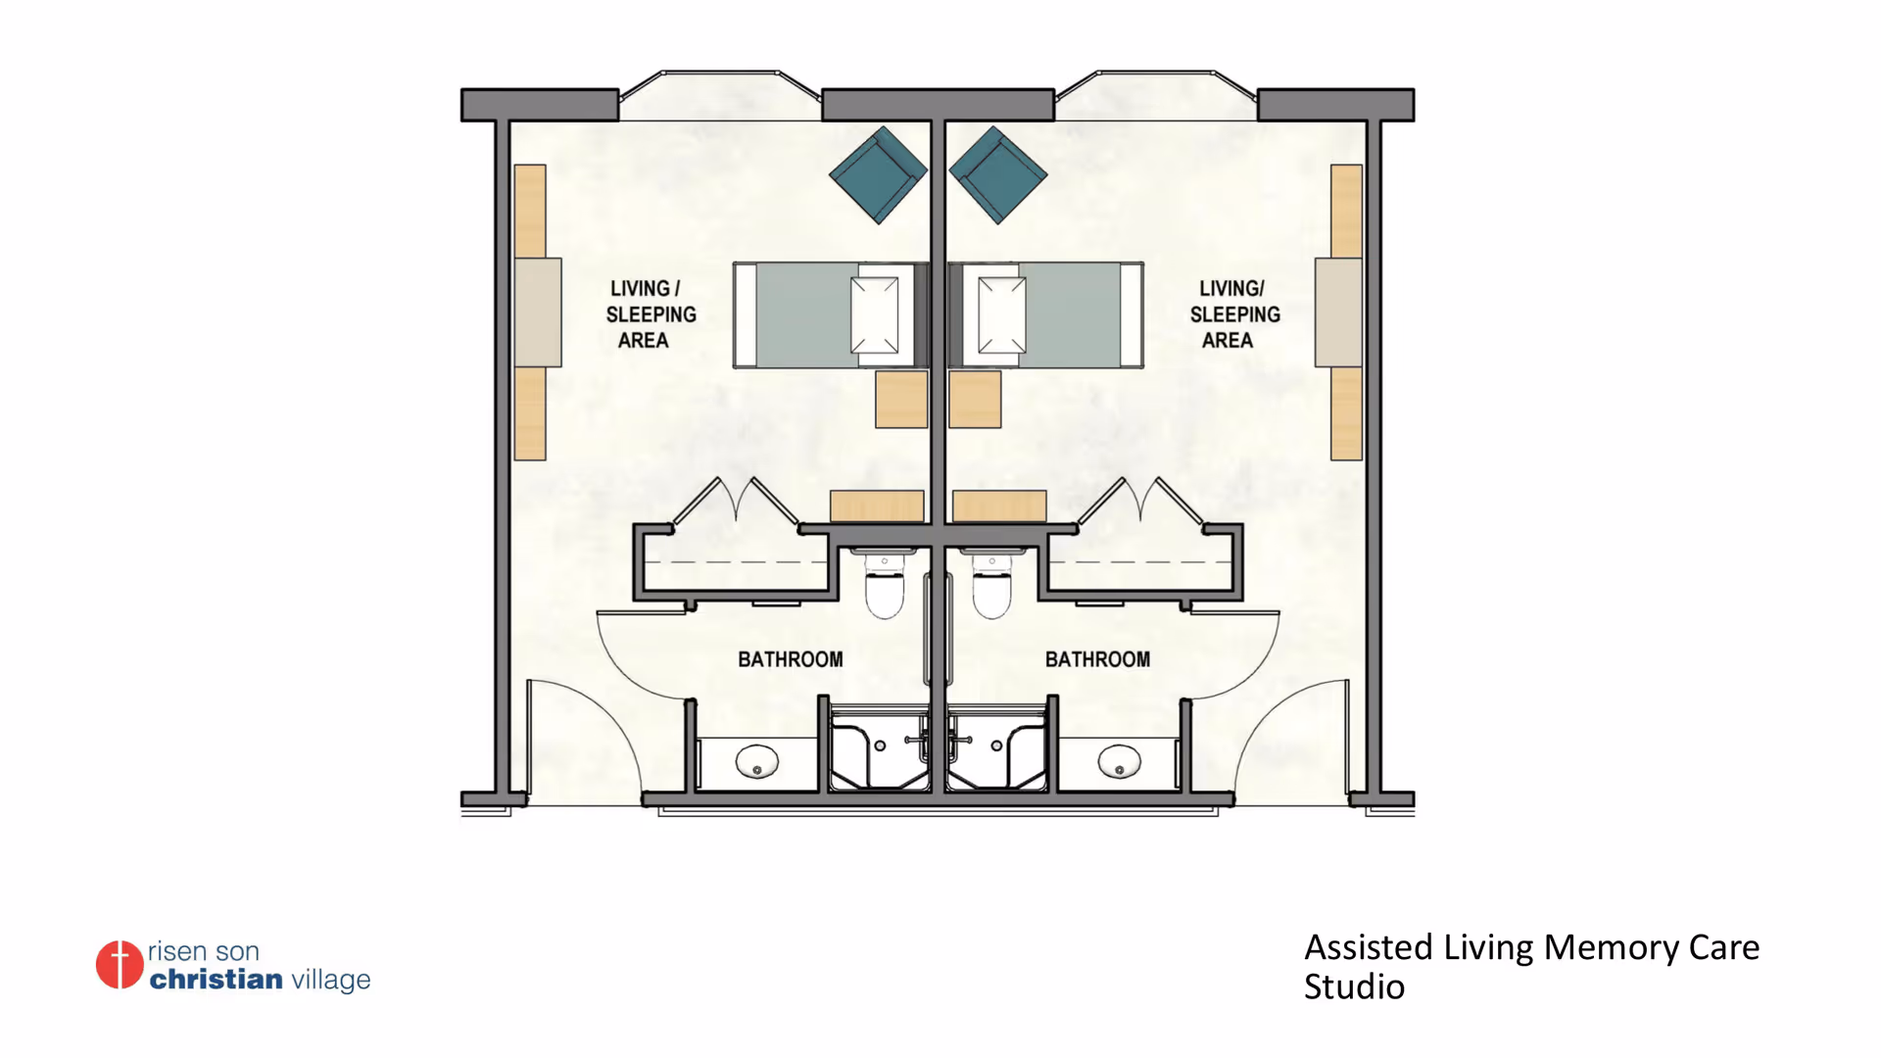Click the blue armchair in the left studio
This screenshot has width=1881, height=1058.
878,174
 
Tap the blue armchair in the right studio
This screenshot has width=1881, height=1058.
998,174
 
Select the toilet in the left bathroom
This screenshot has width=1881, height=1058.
884,585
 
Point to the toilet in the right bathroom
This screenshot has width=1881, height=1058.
991,585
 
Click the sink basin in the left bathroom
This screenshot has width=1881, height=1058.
757,761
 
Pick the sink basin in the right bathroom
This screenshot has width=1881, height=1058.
1119,761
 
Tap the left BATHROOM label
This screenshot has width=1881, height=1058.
791,659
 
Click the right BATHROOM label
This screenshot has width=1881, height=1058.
1097,659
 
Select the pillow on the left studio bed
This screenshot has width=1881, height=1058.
875,314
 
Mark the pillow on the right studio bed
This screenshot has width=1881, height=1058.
1002,314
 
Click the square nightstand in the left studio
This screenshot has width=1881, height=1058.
901,399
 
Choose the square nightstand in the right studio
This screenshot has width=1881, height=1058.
975,399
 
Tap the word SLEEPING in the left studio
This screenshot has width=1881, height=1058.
651,314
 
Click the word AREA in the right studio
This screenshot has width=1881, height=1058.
1228,340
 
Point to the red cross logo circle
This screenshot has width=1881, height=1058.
120,965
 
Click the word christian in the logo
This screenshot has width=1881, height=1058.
217,979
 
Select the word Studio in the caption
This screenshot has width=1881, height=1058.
1354,987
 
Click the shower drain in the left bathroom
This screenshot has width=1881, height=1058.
880,745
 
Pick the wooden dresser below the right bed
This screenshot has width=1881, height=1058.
999,505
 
